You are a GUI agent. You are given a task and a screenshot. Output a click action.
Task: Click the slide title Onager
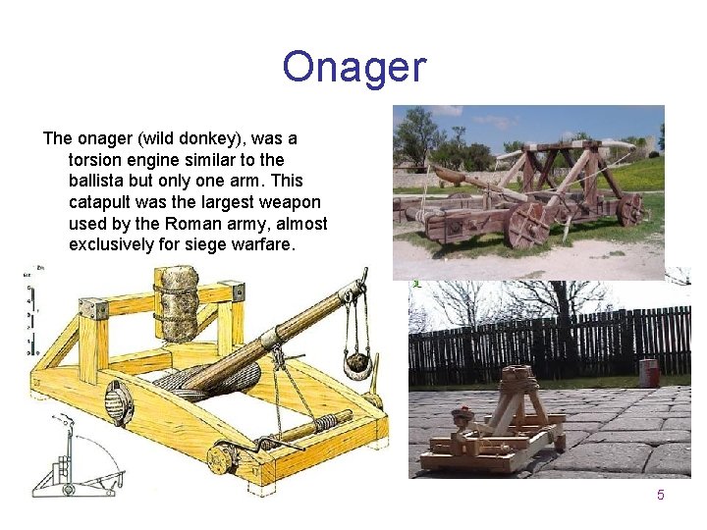[353, 68]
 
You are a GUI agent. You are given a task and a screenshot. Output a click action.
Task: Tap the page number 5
[660, 495]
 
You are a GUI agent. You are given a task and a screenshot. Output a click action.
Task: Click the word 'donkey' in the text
[198, 138]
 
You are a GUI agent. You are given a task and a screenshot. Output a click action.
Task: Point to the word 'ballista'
[99, 181]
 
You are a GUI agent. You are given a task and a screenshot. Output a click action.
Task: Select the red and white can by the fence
[648, 373]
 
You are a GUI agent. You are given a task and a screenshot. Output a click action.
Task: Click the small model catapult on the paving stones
[496, 422]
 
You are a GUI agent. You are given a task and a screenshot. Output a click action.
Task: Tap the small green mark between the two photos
[416, 285]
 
